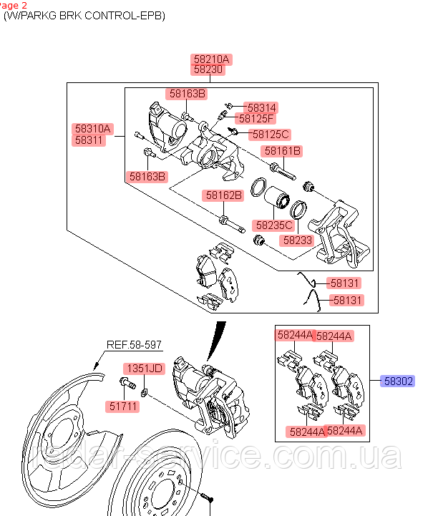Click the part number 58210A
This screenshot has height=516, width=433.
coord(210,59)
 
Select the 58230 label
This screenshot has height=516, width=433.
coord(208,69)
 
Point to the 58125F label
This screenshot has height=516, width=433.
coord(256,118)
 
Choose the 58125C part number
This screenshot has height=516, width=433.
coord(271,134)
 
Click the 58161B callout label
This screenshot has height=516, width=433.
coord(283,151)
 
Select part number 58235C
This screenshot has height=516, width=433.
coord(274,225)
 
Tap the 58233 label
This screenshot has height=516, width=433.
coord(297,240)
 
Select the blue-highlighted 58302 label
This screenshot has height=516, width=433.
coord(397,381)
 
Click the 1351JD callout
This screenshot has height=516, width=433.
coord(145,369)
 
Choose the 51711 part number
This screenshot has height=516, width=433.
coord(124,406)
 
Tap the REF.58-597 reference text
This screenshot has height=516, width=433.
coord(135,345)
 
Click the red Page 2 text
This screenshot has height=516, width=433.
coord(14,4)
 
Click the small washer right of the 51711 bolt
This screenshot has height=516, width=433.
coord(145,391)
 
